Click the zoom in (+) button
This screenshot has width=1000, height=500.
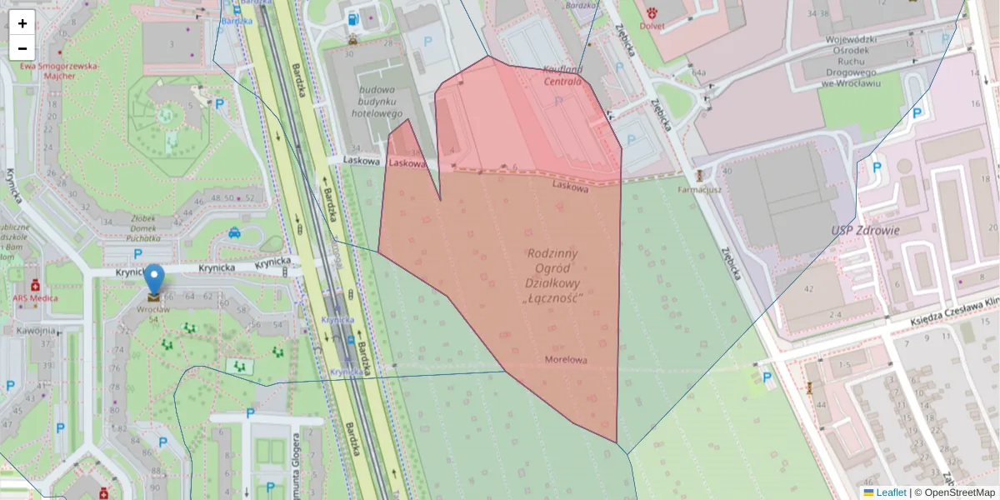click(x=22, y=23)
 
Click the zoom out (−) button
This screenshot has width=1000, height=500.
click(x=22, y=48)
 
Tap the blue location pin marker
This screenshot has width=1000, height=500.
click(x=154, y=280)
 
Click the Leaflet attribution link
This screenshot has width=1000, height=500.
click(x=890, y=492)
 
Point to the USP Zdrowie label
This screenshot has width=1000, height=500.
click(x=864, y=231)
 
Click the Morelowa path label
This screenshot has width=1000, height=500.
click(x=566, y=360)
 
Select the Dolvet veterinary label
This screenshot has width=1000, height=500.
click(x=652, y=26)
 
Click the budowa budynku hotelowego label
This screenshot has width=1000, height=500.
click(x=382, y=101)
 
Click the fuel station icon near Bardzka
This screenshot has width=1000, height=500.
click(x=354, y=18)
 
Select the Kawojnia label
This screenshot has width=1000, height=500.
click(x=36, y=330)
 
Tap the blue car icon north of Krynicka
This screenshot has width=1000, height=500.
click(x=235, y=232)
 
